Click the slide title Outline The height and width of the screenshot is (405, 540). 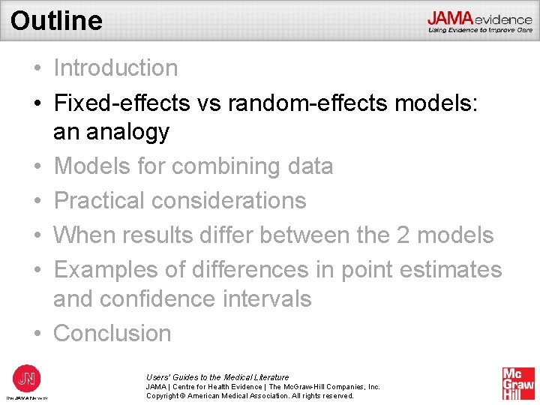tap(56, 20)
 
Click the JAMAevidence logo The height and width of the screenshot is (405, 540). tap(479, 21)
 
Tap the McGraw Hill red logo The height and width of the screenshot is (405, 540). tap(517, 383)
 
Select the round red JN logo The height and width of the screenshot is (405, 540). tap(27, 377)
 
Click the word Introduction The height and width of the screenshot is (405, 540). tap(115, 67)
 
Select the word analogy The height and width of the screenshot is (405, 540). tap(128, 133)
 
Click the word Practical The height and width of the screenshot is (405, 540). tap(98, 200)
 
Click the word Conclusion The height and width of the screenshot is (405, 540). tap(112, 333)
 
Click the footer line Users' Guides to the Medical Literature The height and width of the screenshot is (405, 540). tap(217, 377)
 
